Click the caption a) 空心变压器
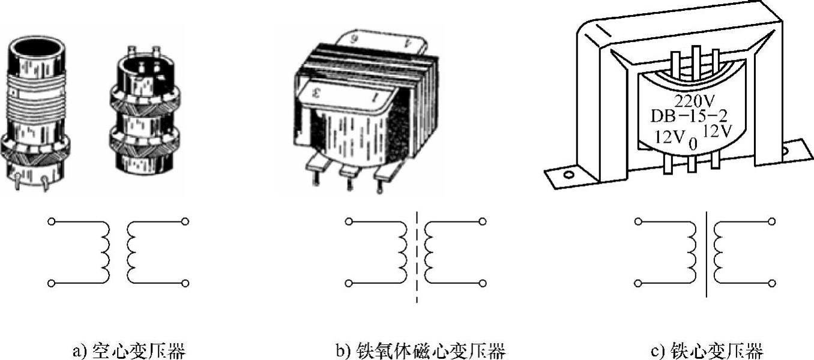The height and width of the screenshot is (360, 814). click(x=128, y=350)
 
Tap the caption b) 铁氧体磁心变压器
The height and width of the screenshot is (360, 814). click(x=420, y=350)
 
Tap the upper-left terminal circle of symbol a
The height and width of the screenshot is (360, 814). click(x=52, y=222)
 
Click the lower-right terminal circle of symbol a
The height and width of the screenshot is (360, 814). click(x=185, y=283)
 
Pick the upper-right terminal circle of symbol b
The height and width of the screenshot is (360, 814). click(x=483, y=222)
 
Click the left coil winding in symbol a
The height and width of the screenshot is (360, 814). click(x=105, y=252)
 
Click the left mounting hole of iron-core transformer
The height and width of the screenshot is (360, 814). click(x=567, y=175)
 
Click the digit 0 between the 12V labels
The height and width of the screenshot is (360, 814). click(x=692, y=145)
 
